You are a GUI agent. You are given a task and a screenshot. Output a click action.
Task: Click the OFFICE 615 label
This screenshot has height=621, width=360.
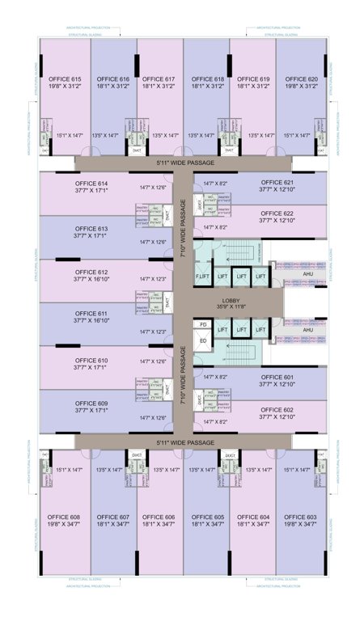64,78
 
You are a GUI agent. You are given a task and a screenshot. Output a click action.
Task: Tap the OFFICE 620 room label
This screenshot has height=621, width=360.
301,78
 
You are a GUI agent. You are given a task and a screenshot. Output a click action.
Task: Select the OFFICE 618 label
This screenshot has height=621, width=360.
208,78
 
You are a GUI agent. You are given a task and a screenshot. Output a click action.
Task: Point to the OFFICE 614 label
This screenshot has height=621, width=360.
91,184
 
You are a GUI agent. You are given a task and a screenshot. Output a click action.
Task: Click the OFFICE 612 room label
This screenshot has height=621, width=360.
91,272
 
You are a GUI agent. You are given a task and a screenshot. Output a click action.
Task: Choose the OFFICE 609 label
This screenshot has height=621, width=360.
91,403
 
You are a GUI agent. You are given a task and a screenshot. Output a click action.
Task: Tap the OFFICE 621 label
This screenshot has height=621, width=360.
277,182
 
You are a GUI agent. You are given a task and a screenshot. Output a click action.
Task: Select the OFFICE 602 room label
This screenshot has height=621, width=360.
277,410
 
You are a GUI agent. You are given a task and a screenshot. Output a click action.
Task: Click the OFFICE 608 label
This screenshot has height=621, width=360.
64,516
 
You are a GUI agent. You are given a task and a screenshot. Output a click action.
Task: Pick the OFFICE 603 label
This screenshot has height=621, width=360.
301,516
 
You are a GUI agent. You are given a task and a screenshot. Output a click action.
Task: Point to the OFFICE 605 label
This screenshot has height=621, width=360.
208,516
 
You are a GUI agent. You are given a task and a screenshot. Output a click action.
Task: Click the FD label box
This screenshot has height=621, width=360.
203,324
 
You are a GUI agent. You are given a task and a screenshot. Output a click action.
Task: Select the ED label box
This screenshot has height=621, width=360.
203,340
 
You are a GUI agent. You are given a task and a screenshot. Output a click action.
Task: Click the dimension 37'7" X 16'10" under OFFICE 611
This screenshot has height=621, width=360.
91,321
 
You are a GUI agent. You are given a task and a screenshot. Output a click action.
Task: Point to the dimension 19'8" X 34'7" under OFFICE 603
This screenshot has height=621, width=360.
301,524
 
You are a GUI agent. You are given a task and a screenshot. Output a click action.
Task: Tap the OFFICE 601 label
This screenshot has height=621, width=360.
277,376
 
